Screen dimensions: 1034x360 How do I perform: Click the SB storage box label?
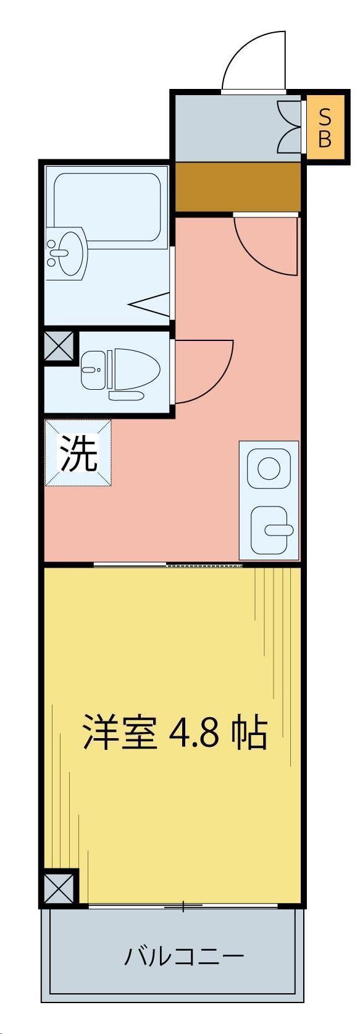pyautogui.click(x=324, y=127)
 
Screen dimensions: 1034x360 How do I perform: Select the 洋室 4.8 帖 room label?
pyautogui.click(x=175, y=733)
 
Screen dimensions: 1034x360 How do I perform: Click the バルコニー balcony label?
pyautogui.click(x=184, y=957)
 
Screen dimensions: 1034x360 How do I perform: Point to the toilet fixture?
pyautogui.click(x=120, y=371)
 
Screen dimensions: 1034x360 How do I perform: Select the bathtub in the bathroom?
pyautogui.click(x=108, y=210)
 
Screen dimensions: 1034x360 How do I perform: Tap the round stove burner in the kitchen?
pyautogui.click(x=269, y=468)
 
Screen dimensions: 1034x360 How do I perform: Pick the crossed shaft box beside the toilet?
pyautogui.click(x=59, y=348)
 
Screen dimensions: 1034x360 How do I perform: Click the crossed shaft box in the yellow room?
pyautogui.click(x=61, y=888)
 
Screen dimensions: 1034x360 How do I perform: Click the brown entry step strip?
pyautogui.click(x=238, y=187)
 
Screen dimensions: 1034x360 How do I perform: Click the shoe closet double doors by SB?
pyautogui.click(x=290, y=127)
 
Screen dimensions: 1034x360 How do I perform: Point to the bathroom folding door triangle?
pyautogui.click(x=150, y=303)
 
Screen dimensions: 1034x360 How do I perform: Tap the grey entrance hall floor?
pyautogui.click(x=228, y=127)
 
